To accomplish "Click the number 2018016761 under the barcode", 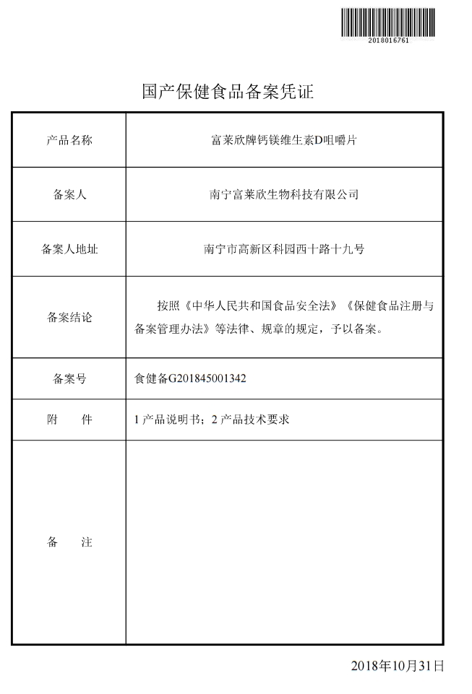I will click(x=389, y=40).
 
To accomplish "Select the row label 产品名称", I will click(x=69, y=140).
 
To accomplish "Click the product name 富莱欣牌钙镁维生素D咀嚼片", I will click(x=283, y=140).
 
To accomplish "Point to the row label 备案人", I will click(x=69, y=195).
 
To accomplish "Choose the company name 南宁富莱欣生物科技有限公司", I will click(x=283, y=195).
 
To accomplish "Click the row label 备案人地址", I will click(x=69, y=249).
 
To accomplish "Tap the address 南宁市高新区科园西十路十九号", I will click(x=283, y=249).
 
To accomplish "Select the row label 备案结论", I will click(x=69, y=317).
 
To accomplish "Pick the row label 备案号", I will click(x=69, y=378).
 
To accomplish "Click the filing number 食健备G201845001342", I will click(x=191, y=378).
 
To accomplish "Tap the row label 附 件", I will click(x=69, y=420).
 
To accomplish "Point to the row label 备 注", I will click(x=69, y=542).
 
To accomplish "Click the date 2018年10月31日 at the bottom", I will click(x=397, y=666).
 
